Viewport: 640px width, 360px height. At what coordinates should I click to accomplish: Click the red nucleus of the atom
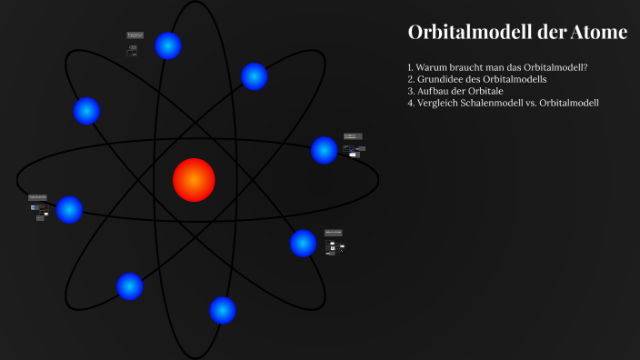click(x=194, y=179)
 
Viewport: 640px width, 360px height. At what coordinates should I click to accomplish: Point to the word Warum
click(x=433, y=67)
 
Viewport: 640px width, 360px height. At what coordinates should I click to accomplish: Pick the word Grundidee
click(x=441, y=79)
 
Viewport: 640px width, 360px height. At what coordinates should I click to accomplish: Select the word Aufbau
click(x=433, y=91)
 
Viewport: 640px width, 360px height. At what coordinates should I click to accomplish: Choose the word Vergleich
click(x=438, y=103)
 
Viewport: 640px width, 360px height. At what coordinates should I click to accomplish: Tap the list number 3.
click(x=411, y=91)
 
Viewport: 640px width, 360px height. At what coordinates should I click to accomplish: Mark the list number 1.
click(x=411, y=67)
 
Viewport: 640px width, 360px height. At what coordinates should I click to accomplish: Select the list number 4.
click(x=411, y=103)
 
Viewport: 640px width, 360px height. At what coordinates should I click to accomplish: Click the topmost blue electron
click(x=168, y=45)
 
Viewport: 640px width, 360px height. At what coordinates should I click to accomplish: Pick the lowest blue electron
click(x=223, y=310)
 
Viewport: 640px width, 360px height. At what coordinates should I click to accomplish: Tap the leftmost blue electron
click(x=69, y=209)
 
